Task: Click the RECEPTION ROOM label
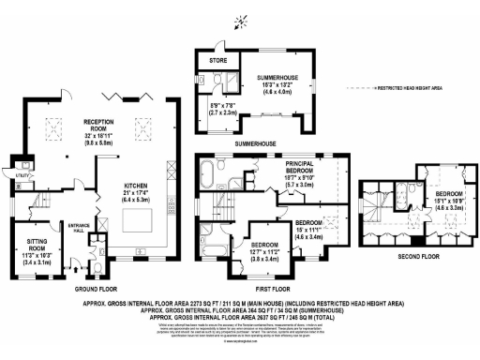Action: tap(98, 123)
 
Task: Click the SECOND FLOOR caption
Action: tap(415, 253)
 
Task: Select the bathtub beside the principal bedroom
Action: tap(208, 170)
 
